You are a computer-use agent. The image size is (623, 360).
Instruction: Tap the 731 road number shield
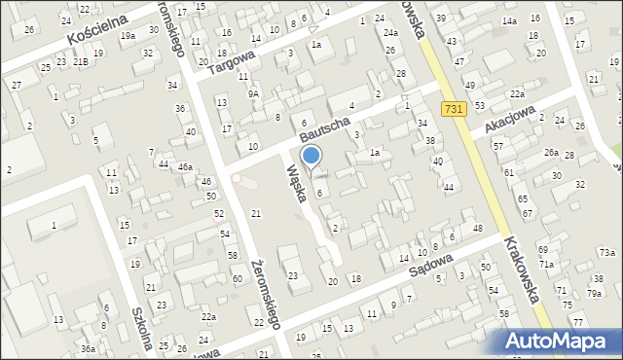click(451, 111)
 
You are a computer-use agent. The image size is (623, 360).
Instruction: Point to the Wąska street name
click(298, 182)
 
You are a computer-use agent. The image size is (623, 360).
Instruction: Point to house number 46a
click(184, 167)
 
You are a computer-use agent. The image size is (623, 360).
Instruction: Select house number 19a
click(128, 36)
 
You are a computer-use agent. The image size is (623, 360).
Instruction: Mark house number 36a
click(88, 348)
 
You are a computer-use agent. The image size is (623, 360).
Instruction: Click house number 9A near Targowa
click(253, 93)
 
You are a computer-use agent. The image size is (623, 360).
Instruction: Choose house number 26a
click(551, 152)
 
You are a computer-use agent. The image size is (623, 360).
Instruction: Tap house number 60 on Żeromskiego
click(237, 279)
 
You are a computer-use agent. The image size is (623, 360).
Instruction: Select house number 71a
click(547, 265)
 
